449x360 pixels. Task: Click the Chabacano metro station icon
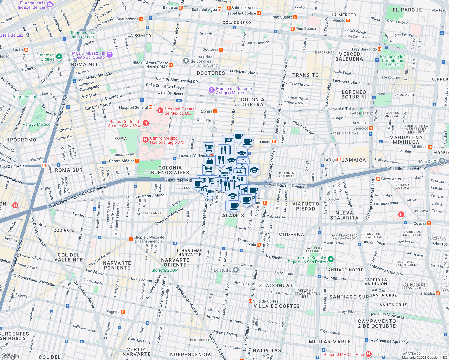click(x=274, y=142)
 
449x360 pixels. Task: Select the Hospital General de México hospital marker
click(x=160, y=111)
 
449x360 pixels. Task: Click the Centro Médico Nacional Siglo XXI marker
click(x=146, y=140)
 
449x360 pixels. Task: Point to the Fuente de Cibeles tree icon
click(x=59, y=56)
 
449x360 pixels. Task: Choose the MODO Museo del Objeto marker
click(x=110, y=55)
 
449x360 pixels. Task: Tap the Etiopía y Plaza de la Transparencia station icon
click(x=131, y=239)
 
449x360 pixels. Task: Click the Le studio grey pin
click(x=236, y=270)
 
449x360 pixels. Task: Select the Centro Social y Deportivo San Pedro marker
click(x=331, y=259)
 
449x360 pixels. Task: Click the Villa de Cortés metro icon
click(x=250, y=301)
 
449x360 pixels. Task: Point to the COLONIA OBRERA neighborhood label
click(x=253, y=102)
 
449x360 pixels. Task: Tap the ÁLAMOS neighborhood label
click(x=233, y=216)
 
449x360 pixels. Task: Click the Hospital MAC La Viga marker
click(x=369, y=354)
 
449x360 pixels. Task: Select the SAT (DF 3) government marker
click(x=442, y=161)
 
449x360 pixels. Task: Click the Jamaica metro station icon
click(x=371, y=128)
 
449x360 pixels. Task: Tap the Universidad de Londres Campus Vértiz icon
click(x=186, y=61)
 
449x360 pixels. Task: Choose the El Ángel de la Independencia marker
click(x=50, y=5)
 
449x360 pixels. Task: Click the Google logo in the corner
click(x=10, y=356)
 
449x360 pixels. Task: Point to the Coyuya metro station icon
click(x=429, y=223)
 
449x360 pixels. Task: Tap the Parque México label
click(x=37, y=124)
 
